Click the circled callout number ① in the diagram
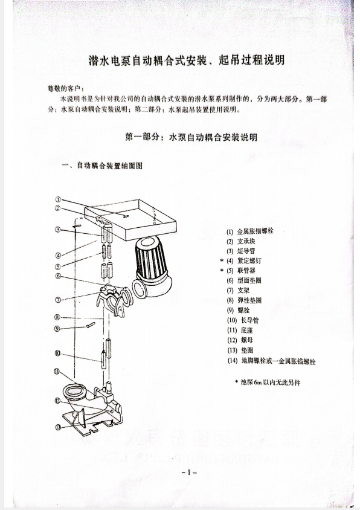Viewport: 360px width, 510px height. (x=58, y=199)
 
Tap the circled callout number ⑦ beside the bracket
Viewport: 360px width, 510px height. (x=57, y=300)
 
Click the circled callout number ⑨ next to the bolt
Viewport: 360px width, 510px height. (x=57, y=329)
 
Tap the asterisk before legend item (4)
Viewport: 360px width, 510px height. (x=222, y=260)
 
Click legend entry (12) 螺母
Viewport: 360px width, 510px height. (x=239, y=340)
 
